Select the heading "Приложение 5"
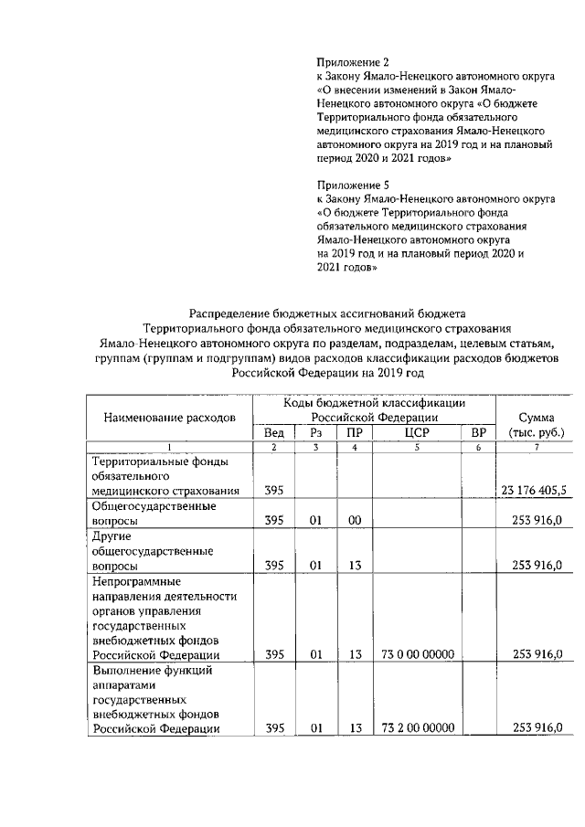tap(352, 184)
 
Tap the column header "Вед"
tap(273, 432)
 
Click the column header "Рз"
tap(316, 432)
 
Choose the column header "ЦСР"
tap(416, 432)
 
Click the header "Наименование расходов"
tap(169, 418)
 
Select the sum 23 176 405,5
tap(534, 490)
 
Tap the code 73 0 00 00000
tap(416, 654)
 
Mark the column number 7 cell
tap(536, 447)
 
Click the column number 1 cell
tap(169, 447)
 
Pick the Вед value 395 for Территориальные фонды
tap(273, 490)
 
